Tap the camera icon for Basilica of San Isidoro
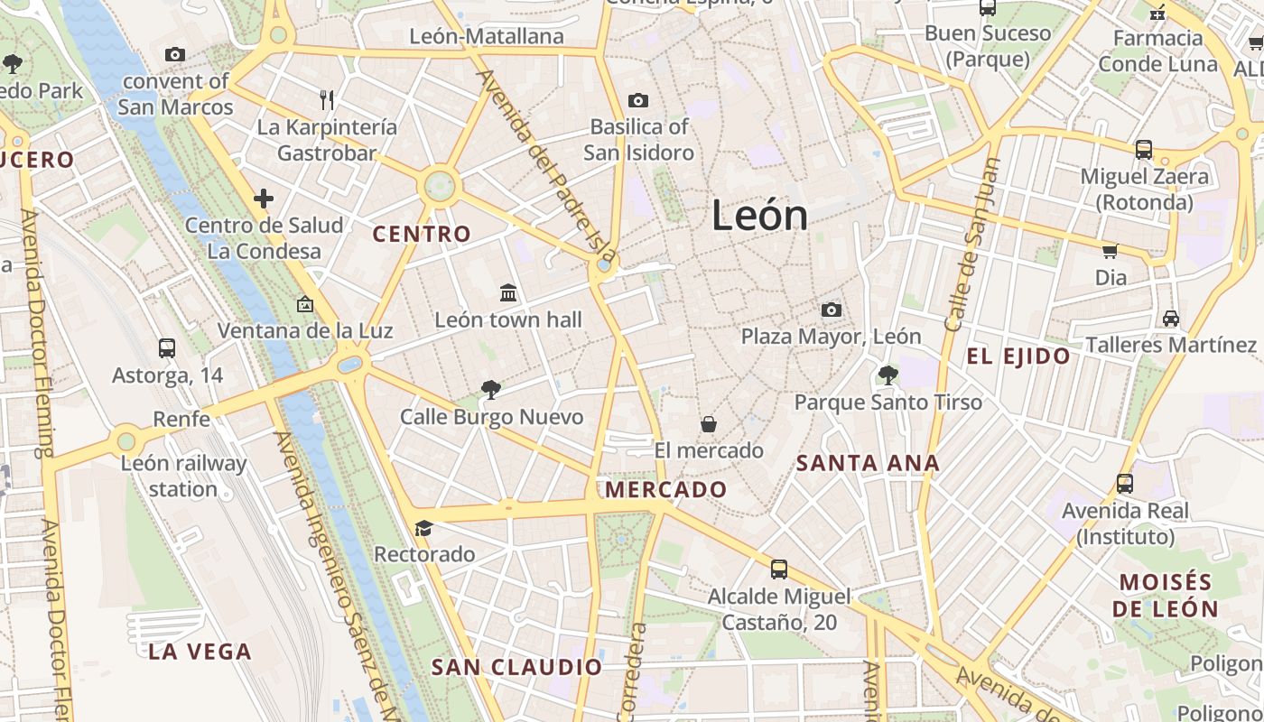[638, 100]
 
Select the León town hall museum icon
[508, 292]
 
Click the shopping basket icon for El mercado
[709, 423]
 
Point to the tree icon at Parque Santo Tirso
[888, 375]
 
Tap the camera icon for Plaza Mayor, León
[832, 310]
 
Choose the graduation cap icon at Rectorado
[423, 527]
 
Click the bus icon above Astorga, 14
[167, 347]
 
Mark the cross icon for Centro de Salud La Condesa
[264, 199]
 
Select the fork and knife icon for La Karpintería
[327, 99]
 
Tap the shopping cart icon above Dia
[1110, 251]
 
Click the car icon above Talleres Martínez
[1171, 318]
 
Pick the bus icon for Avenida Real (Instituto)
[1124, 483]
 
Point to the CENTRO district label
[422, 235]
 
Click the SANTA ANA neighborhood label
[868, 464]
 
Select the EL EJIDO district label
[1018, 356]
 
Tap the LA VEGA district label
[200, 652]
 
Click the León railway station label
[183, 477]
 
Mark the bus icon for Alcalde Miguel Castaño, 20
[779, 569]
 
